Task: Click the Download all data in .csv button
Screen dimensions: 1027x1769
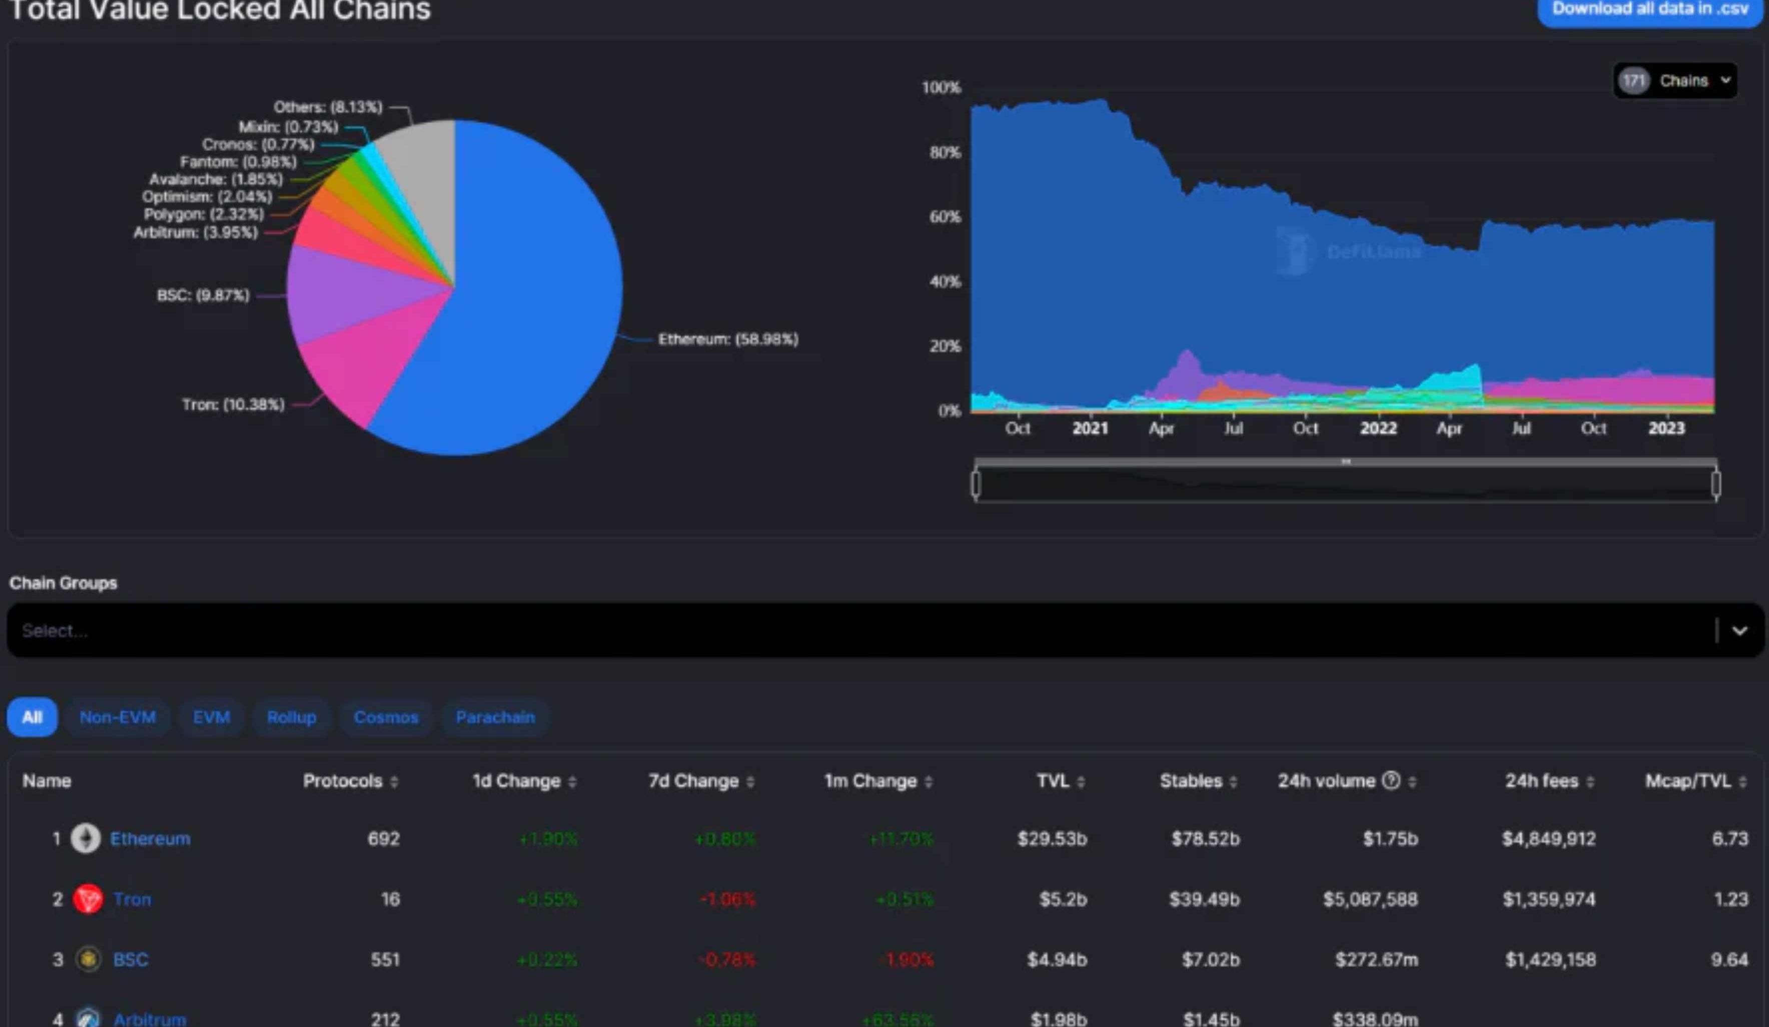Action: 1649,10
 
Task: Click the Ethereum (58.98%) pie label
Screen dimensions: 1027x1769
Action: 728,339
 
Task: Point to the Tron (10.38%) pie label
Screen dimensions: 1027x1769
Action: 233,404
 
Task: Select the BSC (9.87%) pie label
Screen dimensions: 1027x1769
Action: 203,295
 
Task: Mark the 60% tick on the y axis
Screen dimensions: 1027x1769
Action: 945,217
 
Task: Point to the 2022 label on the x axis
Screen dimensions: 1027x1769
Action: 1378,428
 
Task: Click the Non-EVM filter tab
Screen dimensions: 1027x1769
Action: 117,717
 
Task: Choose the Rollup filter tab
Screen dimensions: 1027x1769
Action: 291,717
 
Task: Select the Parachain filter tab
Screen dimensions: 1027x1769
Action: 495,717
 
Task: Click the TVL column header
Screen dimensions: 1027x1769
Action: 1053,781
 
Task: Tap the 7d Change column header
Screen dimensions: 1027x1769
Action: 693,781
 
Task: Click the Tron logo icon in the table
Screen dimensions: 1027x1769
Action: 88,899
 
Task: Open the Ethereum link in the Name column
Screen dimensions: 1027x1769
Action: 150,839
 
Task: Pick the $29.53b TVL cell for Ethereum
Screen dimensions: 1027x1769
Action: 1052,839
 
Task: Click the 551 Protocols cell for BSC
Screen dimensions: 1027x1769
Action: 385,959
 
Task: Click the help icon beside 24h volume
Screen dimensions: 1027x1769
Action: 1391,780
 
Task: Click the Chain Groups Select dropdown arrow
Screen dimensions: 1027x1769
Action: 1739,631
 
